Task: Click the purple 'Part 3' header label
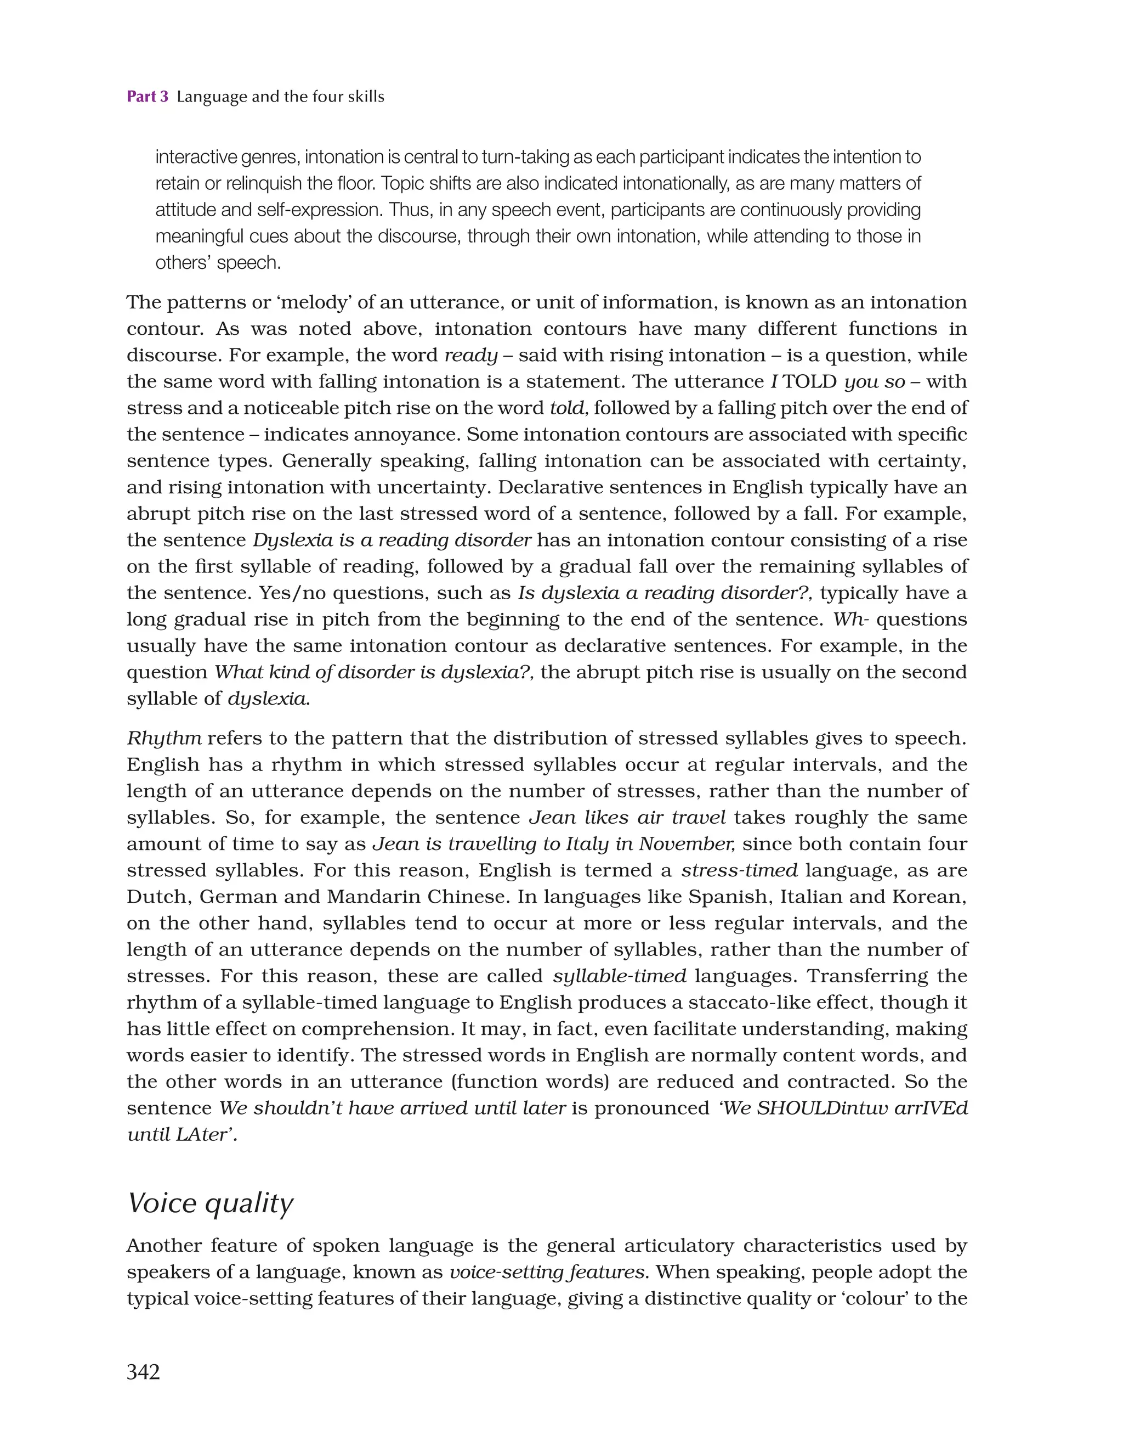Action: coord(148,97)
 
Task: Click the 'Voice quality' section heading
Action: coord(210,1203)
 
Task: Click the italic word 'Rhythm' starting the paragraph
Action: coord(164,738)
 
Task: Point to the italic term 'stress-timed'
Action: coord(739,870)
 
